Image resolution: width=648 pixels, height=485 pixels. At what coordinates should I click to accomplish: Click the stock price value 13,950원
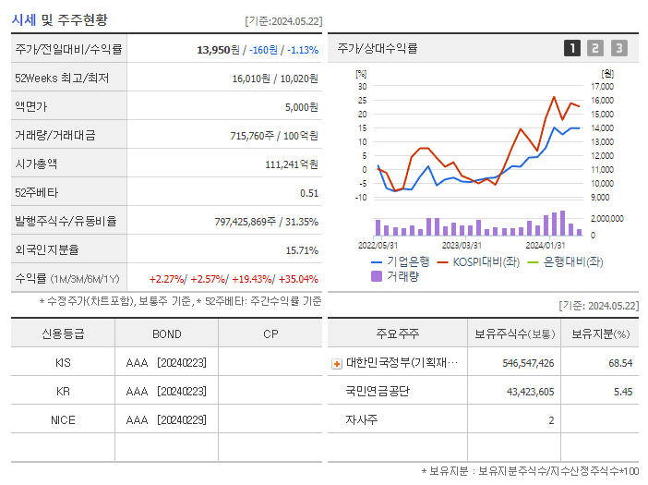[221, 49]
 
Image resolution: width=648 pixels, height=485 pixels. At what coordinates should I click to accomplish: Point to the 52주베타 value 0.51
[309, 192]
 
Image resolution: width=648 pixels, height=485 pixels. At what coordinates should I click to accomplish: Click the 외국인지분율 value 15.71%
[302, 249]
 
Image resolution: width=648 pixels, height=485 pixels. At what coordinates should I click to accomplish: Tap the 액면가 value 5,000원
[301, 106]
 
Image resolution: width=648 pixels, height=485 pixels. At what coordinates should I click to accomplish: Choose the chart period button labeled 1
[572, 48]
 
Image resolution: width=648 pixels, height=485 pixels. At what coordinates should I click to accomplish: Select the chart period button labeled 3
[618, 48]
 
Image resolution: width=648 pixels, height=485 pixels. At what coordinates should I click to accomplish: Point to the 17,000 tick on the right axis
[601, 87]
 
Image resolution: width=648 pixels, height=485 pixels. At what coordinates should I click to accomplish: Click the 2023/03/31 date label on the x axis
[462, 245]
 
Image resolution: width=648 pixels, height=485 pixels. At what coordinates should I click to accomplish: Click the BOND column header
[166, 333]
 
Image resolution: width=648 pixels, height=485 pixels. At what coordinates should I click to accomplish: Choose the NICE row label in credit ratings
[63, 419]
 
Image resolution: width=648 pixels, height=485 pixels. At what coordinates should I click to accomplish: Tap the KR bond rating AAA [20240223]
[166, 391]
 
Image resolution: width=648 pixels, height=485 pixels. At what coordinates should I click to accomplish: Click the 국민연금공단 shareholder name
[378, 391]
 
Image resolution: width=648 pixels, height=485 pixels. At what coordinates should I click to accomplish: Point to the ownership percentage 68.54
[620, 363]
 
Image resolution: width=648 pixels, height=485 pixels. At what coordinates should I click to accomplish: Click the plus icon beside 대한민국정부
[337, 363]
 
